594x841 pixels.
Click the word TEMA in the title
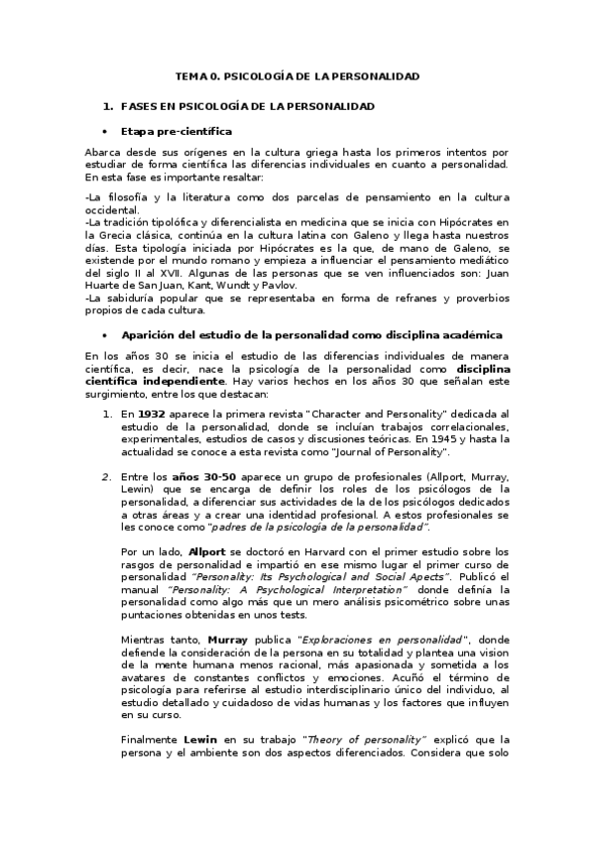coord(191,76)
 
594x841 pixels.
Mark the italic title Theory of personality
coord(366,739)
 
